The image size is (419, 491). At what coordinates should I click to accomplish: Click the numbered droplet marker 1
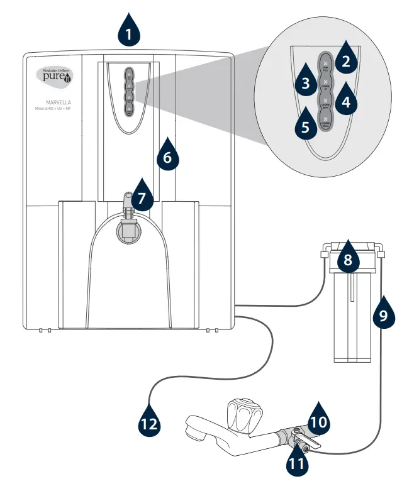coord(128,31)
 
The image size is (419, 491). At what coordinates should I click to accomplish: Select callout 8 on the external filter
coord(347,260)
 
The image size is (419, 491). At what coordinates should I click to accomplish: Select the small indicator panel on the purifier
coord(128,91)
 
